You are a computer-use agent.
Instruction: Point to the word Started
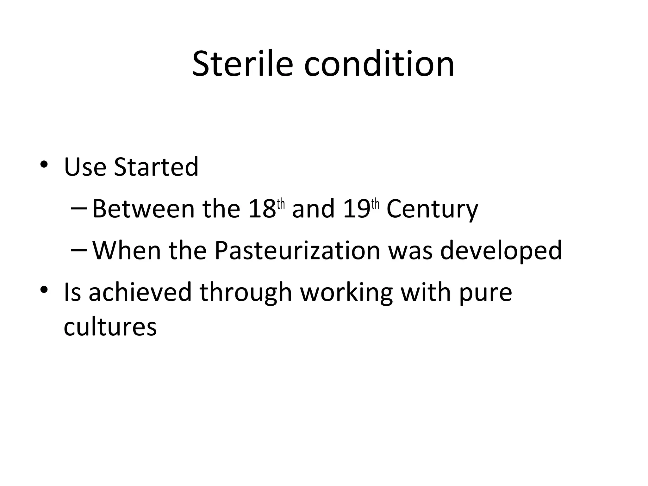156,167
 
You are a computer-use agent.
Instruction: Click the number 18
262,209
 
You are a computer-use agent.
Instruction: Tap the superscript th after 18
281,205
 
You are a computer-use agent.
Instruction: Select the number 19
356,209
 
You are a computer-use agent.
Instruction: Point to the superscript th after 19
375,205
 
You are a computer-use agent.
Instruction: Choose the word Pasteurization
297,251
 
